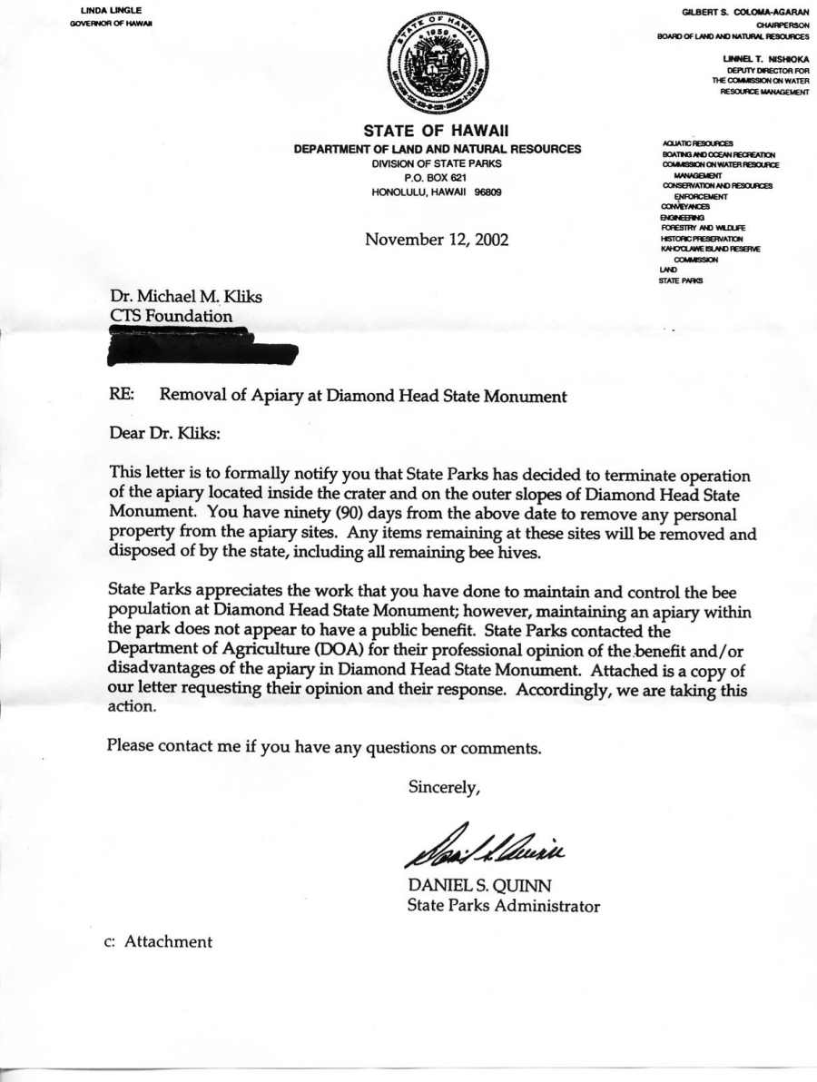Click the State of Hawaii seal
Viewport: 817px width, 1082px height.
pos(437,66)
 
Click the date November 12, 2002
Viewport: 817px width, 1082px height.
pos(437,240)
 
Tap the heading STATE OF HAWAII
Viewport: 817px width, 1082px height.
pos(437,132)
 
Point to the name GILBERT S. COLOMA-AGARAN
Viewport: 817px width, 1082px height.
pos(745,10)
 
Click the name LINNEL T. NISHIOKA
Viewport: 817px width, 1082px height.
pos(761,59)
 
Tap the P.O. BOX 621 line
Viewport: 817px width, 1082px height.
pos(437,178)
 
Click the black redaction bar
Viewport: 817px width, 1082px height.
pos(202,348)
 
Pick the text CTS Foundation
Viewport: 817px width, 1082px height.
pos(170,317)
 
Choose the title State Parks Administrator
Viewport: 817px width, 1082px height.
pos(503,905)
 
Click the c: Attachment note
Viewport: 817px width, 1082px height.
pos(158,941)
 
